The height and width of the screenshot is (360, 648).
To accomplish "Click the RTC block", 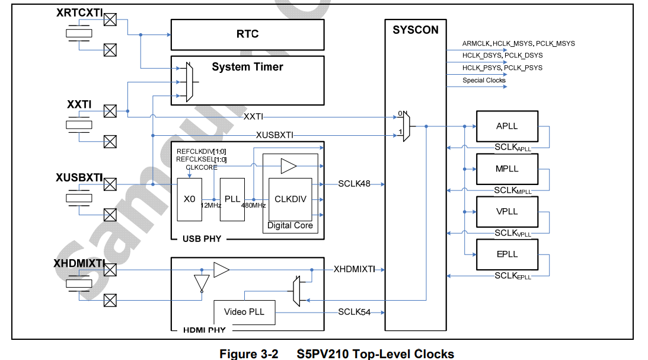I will pyautogui.click(x=247, y=34).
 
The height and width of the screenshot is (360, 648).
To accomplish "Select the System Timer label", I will pyautogui.click(x=247, y=67).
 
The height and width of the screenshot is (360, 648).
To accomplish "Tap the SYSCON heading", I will pyautogui.click(x=415, y=30).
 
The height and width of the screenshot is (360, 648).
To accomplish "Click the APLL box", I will pyautogui.click(x=507, y=126).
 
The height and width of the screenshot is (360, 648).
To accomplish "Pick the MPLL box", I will pyautogui.click(x=507, y=169).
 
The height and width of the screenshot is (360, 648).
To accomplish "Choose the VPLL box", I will pyautogui.click(x=507, y=211).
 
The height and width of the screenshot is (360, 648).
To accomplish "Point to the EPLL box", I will pyautogui.click(x=507, y=254).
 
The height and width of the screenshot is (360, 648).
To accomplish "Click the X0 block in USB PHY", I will pyautogui.click(x=189, y=199).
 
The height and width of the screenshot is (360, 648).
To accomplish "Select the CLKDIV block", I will pyautogui.click(x=290, y=199).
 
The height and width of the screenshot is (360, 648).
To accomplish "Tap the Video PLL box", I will pyautogui.click(x=244, y=312).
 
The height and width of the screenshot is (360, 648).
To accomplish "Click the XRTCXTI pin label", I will pyautogui.click(x=79, y=12).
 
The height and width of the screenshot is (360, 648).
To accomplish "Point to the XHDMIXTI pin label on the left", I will pyautogui.click(x=79, y=263).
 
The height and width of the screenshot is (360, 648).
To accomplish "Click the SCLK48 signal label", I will pyautogui.click(x=355, y=184).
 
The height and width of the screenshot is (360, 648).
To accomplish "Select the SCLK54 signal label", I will pyautogui.click(x=355, y=312).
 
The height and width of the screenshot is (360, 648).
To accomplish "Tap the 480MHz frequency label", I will pyautogui.click(x=253, y=205).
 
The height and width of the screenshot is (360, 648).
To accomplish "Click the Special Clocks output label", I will pyautogui.click(x=484, y=80).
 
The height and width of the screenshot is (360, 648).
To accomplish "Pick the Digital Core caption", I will pyautogui.click(x=290, y=225).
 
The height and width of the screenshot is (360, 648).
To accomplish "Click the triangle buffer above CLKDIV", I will pyautogui.click(x=289, y=166).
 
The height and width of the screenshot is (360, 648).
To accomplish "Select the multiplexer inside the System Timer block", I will pyautogui.click(x=189, y=82).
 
